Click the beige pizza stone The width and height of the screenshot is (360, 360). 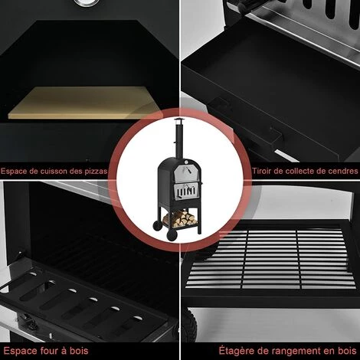(x=84, y=102)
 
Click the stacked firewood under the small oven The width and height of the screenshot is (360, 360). (x=180, y=219)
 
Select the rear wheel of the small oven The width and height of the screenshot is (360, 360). (x=155, y=226)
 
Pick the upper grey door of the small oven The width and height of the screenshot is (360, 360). (x=186, y=172)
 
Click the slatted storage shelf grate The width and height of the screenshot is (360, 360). (x=270, y=259)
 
